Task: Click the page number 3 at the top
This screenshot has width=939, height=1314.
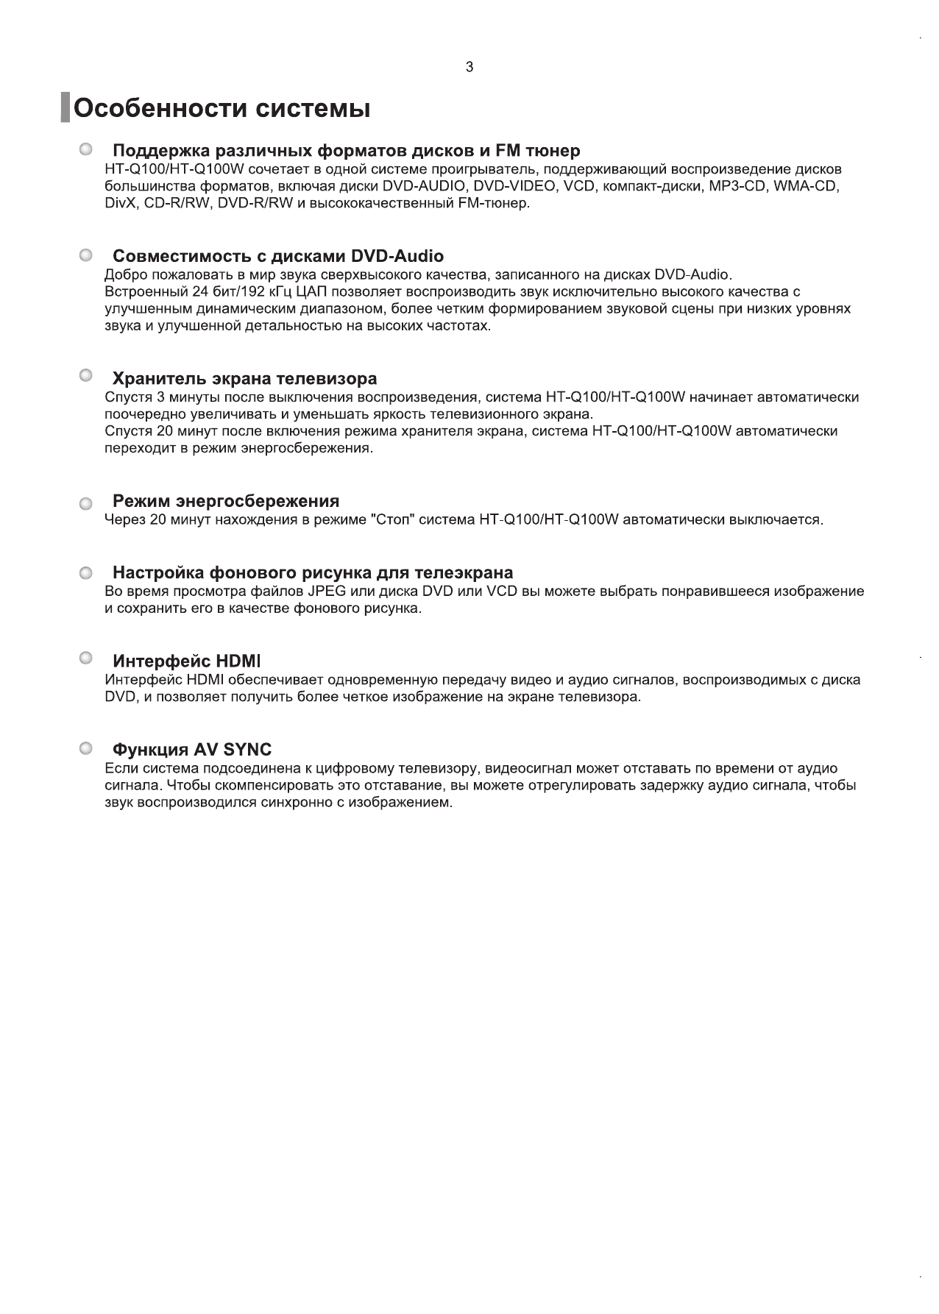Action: click(x=469, y=68)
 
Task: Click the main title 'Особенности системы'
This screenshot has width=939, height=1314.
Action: click(x=222, y=109)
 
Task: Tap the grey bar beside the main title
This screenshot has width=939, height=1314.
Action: click(x=65, y=108)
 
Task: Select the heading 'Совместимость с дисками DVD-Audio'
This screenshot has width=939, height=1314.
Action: click(x=277, y=256)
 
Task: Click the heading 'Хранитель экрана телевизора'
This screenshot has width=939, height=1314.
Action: click(x=244, y=379)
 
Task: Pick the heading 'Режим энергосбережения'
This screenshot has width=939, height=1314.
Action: click(x=226, y=501)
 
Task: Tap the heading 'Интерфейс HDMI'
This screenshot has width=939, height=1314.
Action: click(x=187, y=660)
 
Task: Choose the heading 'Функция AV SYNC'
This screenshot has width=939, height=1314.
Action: click(x=192, y=750)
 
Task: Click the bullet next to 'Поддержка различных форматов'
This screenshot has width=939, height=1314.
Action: click(x=86, y=149)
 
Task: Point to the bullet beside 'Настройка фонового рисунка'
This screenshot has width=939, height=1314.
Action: click(x=86, y=572)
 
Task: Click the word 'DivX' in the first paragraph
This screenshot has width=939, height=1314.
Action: click(x=119, y=203)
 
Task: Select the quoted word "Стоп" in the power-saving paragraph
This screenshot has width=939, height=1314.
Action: click(x=393, y=520)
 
